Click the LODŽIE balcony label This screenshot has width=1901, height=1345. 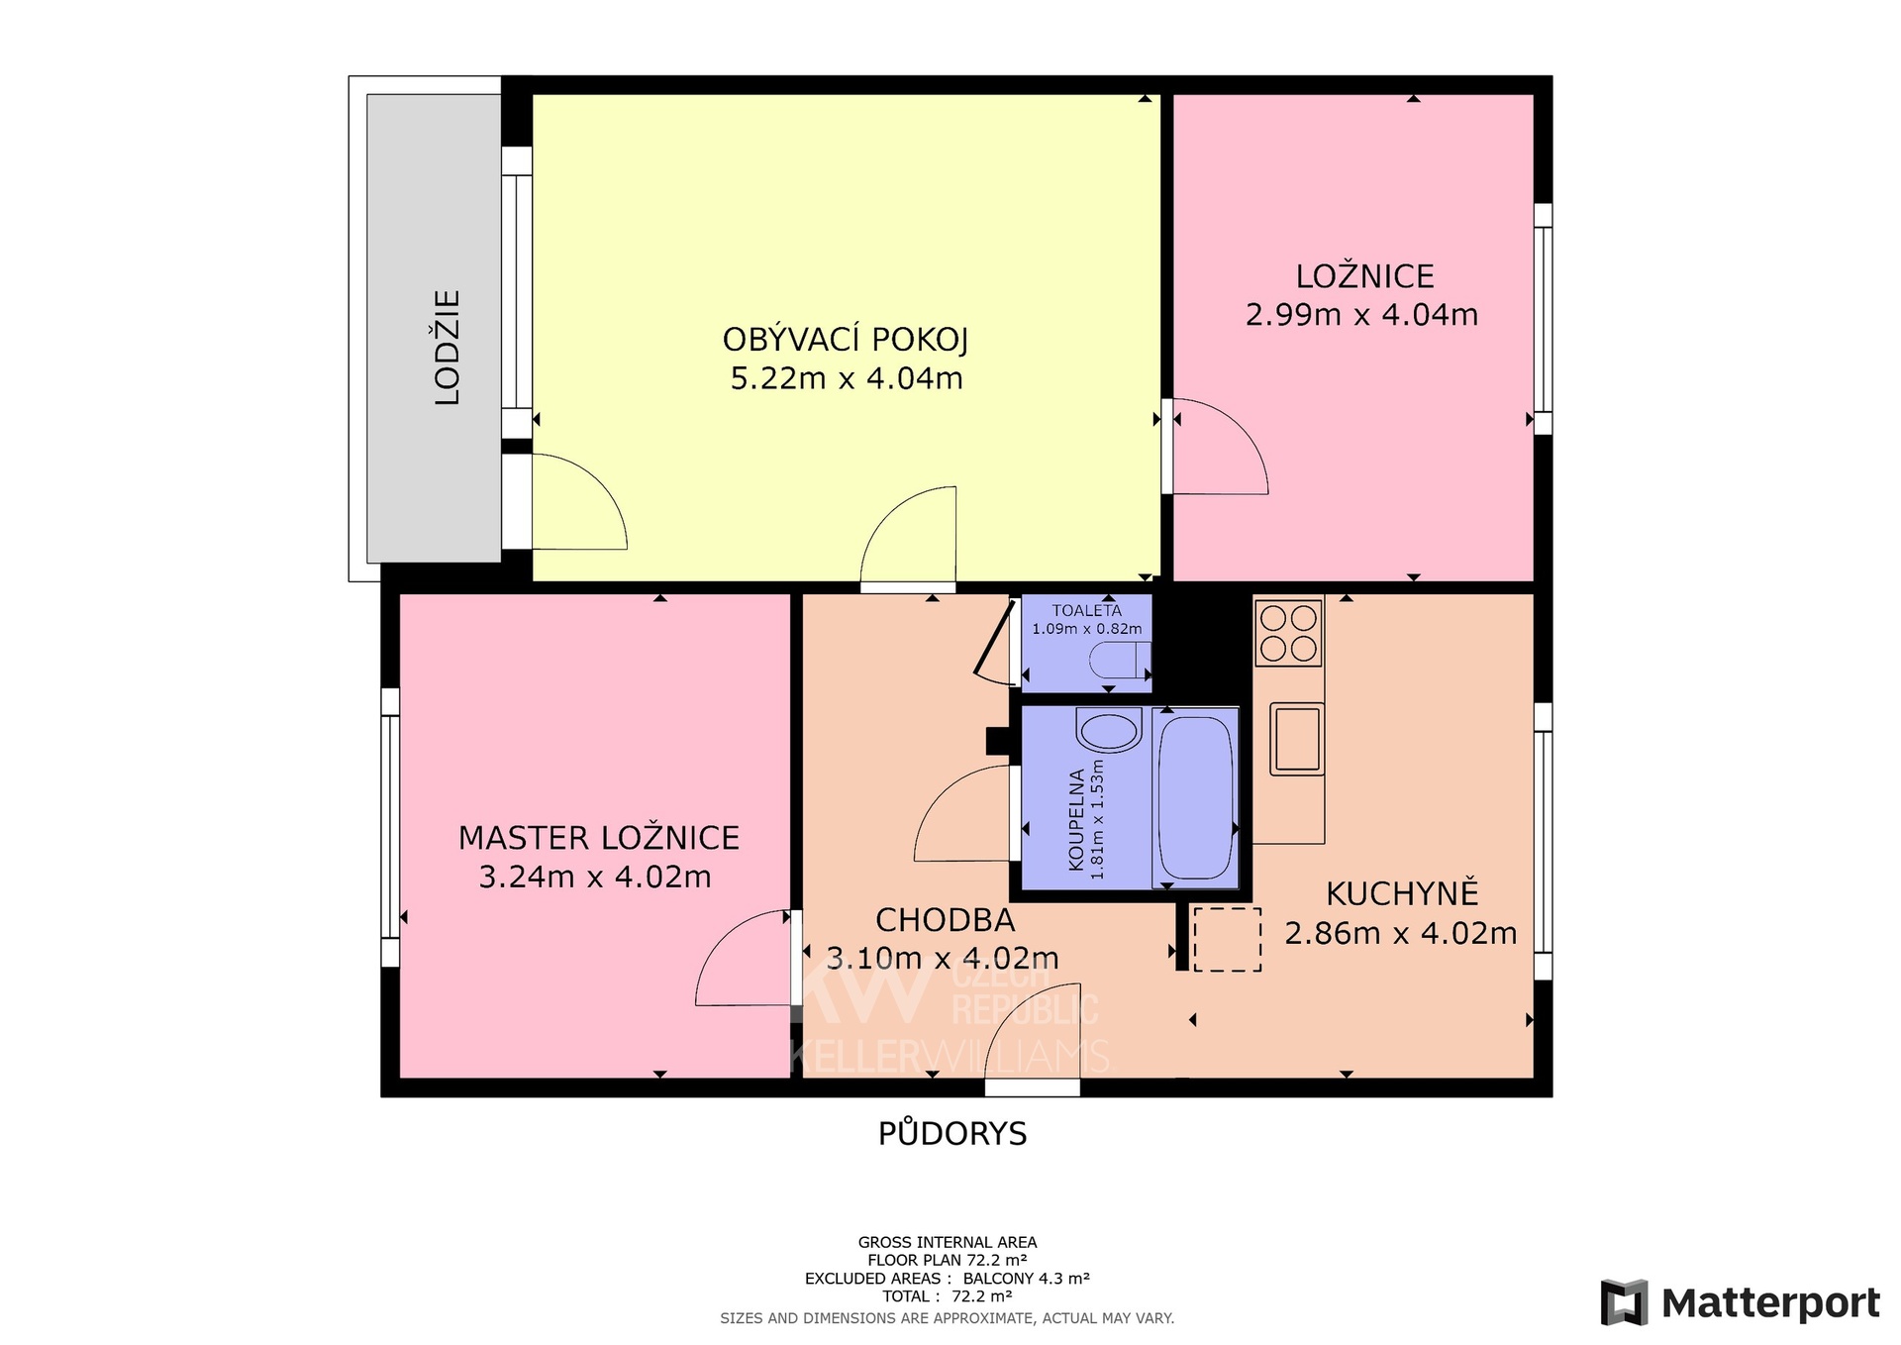449,347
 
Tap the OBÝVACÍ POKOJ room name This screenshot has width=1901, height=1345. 846,340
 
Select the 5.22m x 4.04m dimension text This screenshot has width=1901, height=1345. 847,378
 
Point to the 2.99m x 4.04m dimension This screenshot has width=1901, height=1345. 1361,315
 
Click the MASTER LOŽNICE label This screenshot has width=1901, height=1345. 599,838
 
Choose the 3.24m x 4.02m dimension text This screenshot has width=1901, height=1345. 595,877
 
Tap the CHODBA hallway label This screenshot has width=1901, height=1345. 946,920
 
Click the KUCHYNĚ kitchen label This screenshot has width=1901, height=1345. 1402,892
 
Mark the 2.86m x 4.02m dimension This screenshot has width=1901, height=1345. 1401,933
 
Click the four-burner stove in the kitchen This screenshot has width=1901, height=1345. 1288,634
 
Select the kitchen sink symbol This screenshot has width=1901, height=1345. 1297,739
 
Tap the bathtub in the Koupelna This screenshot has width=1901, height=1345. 1195,797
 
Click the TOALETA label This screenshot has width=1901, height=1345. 1087,610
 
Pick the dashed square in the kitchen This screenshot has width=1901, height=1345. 1227,939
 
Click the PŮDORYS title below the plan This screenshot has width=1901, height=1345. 952,1132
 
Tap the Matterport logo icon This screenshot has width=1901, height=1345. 1625,1302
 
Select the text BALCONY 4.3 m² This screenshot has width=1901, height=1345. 1027,1279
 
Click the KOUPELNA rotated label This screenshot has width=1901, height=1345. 1076,820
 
